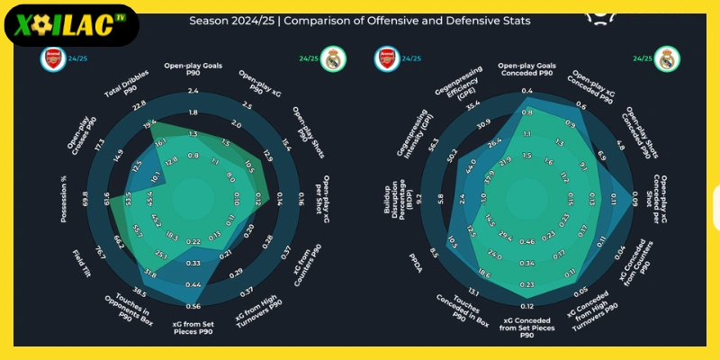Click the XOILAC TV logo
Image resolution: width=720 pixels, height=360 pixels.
tap(70, 25)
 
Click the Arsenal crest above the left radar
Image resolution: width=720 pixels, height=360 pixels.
tap(54, 59)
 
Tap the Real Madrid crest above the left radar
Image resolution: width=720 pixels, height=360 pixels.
tap(334, 59)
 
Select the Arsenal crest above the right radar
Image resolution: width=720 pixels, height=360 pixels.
tap(386, 59)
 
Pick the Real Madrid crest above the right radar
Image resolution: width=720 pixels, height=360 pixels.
tap(667, 59)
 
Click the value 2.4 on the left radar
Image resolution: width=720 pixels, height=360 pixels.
tap(193, 91)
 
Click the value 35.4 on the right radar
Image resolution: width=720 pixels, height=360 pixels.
tap(472, 105)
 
